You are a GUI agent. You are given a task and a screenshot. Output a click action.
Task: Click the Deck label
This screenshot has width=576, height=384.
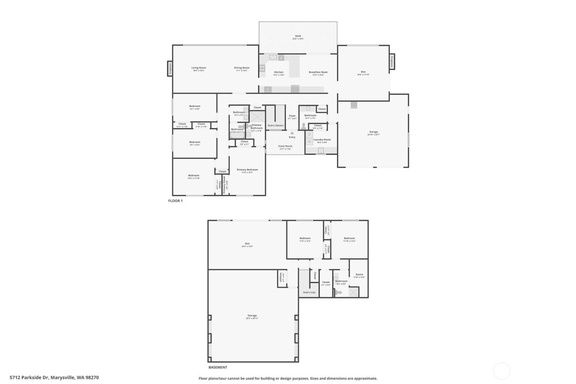pyautogui.click(x=298, y=36)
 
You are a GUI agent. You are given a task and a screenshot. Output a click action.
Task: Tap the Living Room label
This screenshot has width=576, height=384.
pyautogui.click(x=199, y=68)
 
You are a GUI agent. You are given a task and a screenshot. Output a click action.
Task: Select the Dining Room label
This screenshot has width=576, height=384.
pyautogui.click(x=242, y=68)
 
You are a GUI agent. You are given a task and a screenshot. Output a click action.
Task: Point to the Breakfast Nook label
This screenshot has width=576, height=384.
pyautogui.click(x=318, y=72)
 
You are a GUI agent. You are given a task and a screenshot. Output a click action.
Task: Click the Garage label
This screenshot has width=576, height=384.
pyautogui.click(x=373, y=132)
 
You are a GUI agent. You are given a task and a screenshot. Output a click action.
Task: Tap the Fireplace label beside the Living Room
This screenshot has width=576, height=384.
pyautogui.click(x=170, y=68)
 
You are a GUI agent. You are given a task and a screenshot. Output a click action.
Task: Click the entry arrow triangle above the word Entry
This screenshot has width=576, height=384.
pyautogui.click(x=292, y=133)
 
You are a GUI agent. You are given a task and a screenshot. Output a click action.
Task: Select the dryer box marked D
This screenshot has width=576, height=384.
pyautogui.click(x=309, y=134)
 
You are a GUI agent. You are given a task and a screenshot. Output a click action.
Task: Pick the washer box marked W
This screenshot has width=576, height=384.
pyautogui.click(x=309, y=142)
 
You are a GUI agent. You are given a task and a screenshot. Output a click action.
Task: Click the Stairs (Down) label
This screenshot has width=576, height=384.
pyautogui.click(x=275, y=126)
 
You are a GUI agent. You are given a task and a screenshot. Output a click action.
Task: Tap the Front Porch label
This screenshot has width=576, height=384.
pyautogui.click(x=285, y=146)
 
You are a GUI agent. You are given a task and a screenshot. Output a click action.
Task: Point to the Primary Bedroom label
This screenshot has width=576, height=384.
pyautogui.click(x=247, y=170)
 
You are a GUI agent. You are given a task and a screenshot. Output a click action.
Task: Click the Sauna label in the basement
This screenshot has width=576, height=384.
pyautogui.click(x=359, y=274)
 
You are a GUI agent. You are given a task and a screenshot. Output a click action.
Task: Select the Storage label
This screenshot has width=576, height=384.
pyautogui.click(x=252, y=316)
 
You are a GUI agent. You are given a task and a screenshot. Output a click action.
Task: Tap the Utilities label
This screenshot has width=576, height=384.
pyautogui.click(x=281, y=277)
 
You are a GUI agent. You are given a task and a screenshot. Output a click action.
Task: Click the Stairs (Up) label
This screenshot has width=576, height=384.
pyautogui.click(x=309, y=292)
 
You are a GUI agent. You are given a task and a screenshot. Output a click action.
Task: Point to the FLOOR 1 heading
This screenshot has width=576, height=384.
pyautogui.click(x=175, y=201)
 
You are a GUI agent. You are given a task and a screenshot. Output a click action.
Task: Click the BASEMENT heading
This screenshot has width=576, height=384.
pyautogui.click(x=218, y=368)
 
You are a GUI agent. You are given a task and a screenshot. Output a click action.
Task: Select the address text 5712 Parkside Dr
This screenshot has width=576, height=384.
pyautogui.click(x=29, y=377)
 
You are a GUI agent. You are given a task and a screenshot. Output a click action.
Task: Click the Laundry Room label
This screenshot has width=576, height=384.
pyautogui.click(x=322, y=140)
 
